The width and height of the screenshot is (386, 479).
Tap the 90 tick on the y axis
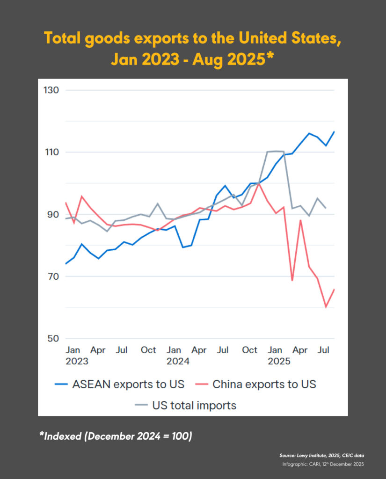[51, 215]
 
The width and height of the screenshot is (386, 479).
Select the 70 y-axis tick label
[51, 276]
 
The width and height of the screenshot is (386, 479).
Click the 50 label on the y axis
[51, 339]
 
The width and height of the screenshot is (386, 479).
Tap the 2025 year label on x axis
[279, 361]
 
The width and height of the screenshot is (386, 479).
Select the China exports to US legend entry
[264, 385]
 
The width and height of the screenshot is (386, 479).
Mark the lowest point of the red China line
[326, 307]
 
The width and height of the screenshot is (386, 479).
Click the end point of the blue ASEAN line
[334, 131]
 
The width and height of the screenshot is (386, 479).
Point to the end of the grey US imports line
[326, 208]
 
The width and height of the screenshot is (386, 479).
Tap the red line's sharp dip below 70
[292, 280]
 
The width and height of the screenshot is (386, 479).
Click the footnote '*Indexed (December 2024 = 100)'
[115, 436]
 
